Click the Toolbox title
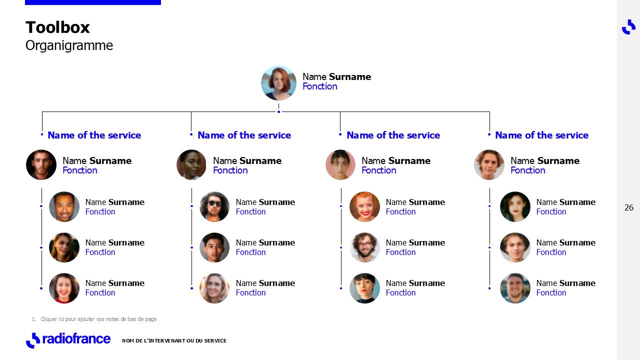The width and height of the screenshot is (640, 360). pos(57,27)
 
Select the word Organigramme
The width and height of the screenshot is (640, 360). pos(69,45)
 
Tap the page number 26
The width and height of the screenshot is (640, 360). pos(628,207)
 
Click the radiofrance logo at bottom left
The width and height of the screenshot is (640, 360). pos(68,339)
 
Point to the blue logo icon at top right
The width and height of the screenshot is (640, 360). pos(628,27)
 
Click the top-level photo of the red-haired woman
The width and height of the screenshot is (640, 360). pos(278,83)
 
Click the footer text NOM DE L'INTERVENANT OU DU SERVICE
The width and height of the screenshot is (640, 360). pos(174,341)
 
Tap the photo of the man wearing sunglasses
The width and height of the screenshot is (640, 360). pos(214,206)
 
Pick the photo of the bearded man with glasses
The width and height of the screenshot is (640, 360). pos(364,247)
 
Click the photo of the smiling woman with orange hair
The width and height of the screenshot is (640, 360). pos(364,206)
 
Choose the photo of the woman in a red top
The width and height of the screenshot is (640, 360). pos(64,288)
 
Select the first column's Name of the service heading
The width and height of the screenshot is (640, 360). pos(94,135)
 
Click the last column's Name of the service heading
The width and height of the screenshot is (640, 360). pos(541,135)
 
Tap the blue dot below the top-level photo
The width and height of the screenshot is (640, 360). pos(278,111)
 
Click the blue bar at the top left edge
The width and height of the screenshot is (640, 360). pos(93,2)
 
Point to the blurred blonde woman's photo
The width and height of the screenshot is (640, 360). pos(214,288)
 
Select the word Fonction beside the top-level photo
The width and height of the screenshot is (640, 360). pos(319,86)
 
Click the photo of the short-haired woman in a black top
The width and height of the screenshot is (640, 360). pos(364,288)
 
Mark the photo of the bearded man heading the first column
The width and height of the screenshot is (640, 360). pos(41,165)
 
